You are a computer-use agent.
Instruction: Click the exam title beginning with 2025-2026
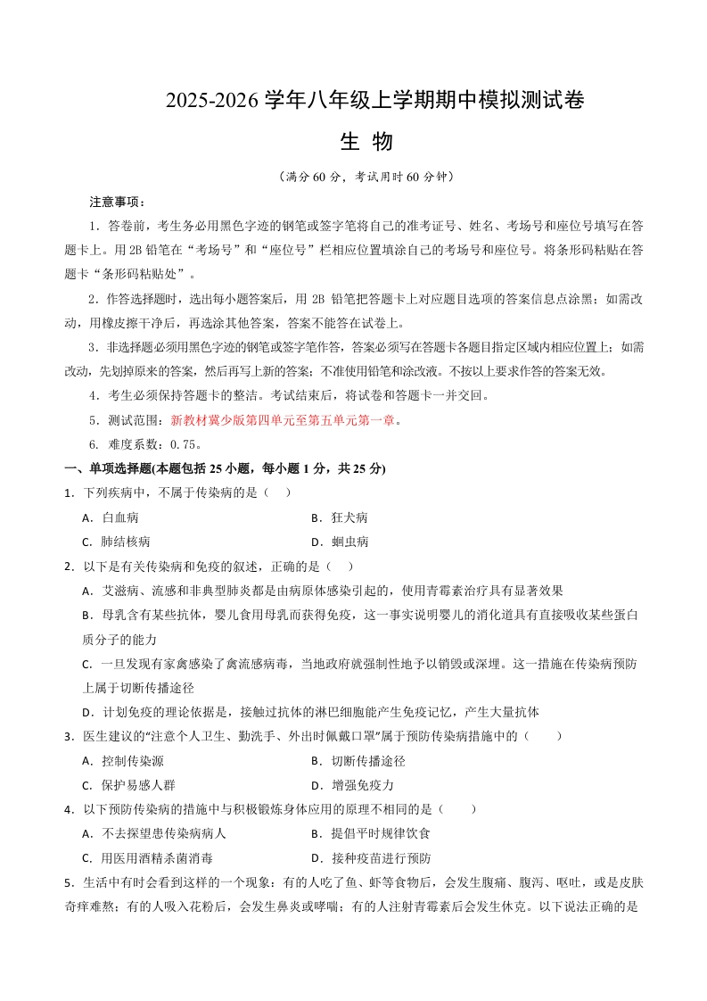374,101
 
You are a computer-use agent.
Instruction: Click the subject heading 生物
366,141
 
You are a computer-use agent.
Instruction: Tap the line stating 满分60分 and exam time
366,177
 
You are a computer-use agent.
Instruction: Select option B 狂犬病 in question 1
349,517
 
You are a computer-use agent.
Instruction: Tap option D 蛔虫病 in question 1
349,542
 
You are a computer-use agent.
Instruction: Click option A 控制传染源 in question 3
131,761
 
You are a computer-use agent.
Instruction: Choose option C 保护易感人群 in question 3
137,785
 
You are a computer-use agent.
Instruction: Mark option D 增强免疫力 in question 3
361,785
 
